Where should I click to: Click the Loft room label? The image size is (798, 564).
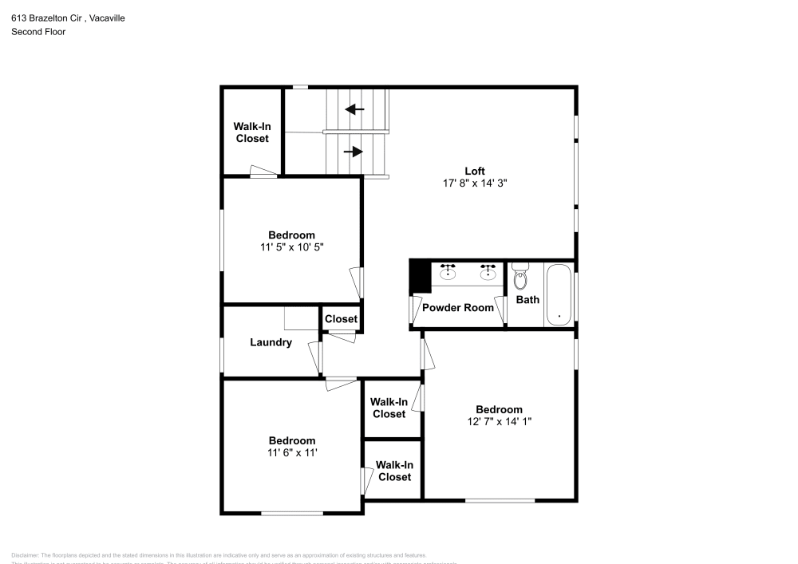point(475,171)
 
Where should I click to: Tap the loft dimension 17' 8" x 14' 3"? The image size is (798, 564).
point(475,183)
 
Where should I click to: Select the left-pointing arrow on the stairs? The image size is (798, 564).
point(354,108)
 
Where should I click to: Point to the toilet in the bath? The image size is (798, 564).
point(521,278)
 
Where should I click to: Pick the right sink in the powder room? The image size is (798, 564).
point(488,273)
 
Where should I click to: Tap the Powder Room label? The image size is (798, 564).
point(458,307)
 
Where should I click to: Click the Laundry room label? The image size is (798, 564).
point(271,343)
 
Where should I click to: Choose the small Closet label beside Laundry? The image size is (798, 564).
point(341,319)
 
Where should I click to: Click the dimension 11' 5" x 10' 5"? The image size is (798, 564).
point(291,247)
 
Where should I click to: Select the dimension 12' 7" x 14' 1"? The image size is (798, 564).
point(499,421)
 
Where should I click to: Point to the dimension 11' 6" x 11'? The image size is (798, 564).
point(291,452)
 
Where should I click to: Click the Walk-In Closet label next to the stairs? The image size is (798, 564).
point(251,132)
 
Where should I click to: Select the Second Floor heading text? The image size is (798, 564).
point(38,32)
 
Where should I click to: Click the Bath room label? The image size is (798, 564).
point(527,300)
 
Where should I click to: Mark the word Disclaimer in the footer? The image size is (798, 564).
point(25,555)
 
